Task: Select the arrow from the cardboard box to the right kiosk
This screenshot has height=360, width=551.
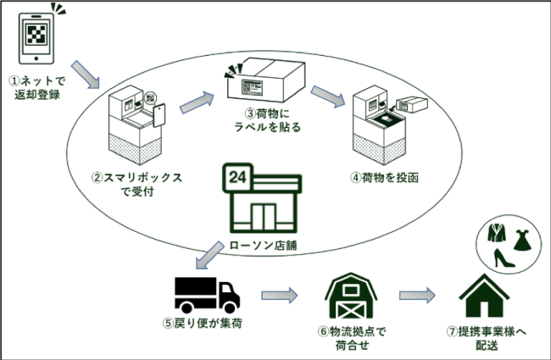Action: (x=329, y=95)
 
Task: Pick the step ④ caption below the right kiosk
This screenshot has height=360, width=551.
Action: (x=385, y=178)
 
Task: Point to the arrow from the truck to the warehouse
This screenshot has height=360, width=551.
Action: (x=279, y=296)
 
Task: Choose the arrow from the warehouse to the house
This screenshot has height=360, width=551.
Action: (x=417, y=296)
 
